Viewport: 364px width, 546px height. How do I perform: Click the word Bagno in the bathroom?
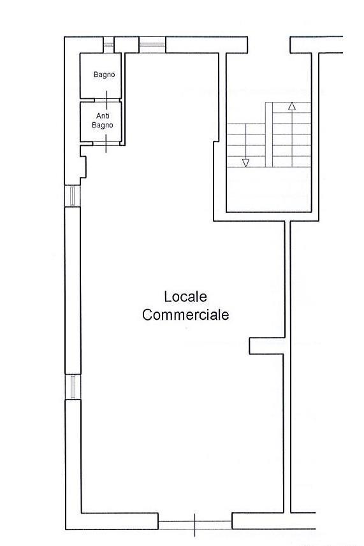point(104,75)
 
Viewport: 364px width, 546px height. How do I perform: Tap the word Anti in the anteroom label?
point(103,115)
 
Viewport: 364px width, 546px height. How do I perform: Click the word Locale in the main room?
point(186,297)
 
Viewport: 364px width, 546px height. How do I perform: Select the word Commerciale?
point(186,315)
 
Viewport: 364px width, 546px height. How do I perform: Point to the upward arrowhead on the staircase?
point(292,106)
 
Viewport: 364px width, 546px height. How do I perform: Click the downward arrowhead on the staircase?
point(245,162)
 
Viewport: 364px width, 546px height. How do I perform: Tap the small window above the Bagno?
point(108,45)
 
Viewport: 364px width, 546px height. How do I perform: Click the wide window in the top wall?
point(152,45)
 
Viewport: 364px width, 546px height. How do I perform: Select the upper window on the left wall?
point(73,196)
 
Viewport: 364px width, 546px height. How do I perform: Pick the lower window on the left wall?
point(73,387)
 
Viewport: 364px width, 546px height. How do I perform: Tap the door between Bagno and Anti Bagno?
point(107,100)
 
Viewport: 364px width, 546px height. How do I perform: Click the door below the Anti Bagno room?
point(106,143)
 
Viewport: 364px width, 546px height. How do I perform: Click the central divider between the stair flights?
point(269,134)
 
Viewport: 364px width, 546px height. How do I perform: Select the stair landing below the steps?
point(268,189)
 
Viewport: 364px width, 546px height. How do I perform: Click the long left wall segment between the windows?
point(73,291)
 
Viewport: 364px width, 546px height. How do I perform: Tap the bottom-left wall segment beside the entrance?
point(112,521)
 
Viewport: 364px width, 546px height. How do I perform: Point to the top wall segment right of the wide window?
point(207,45)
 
